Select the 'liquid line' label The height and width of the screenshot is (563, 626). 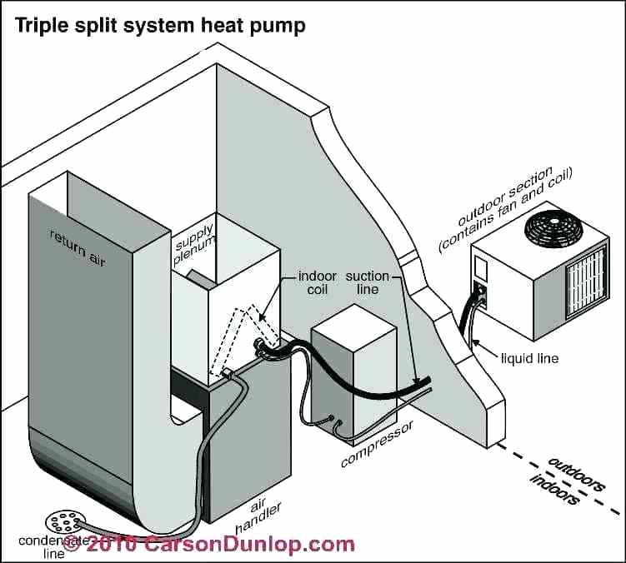(529, 359)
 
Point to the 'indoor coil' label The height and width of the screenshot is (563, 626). (317, 283)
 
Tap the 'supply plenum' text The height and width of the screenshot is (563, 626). (194, 241)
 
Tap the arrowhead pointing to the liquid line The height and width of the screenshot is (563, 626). (473, 341)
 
